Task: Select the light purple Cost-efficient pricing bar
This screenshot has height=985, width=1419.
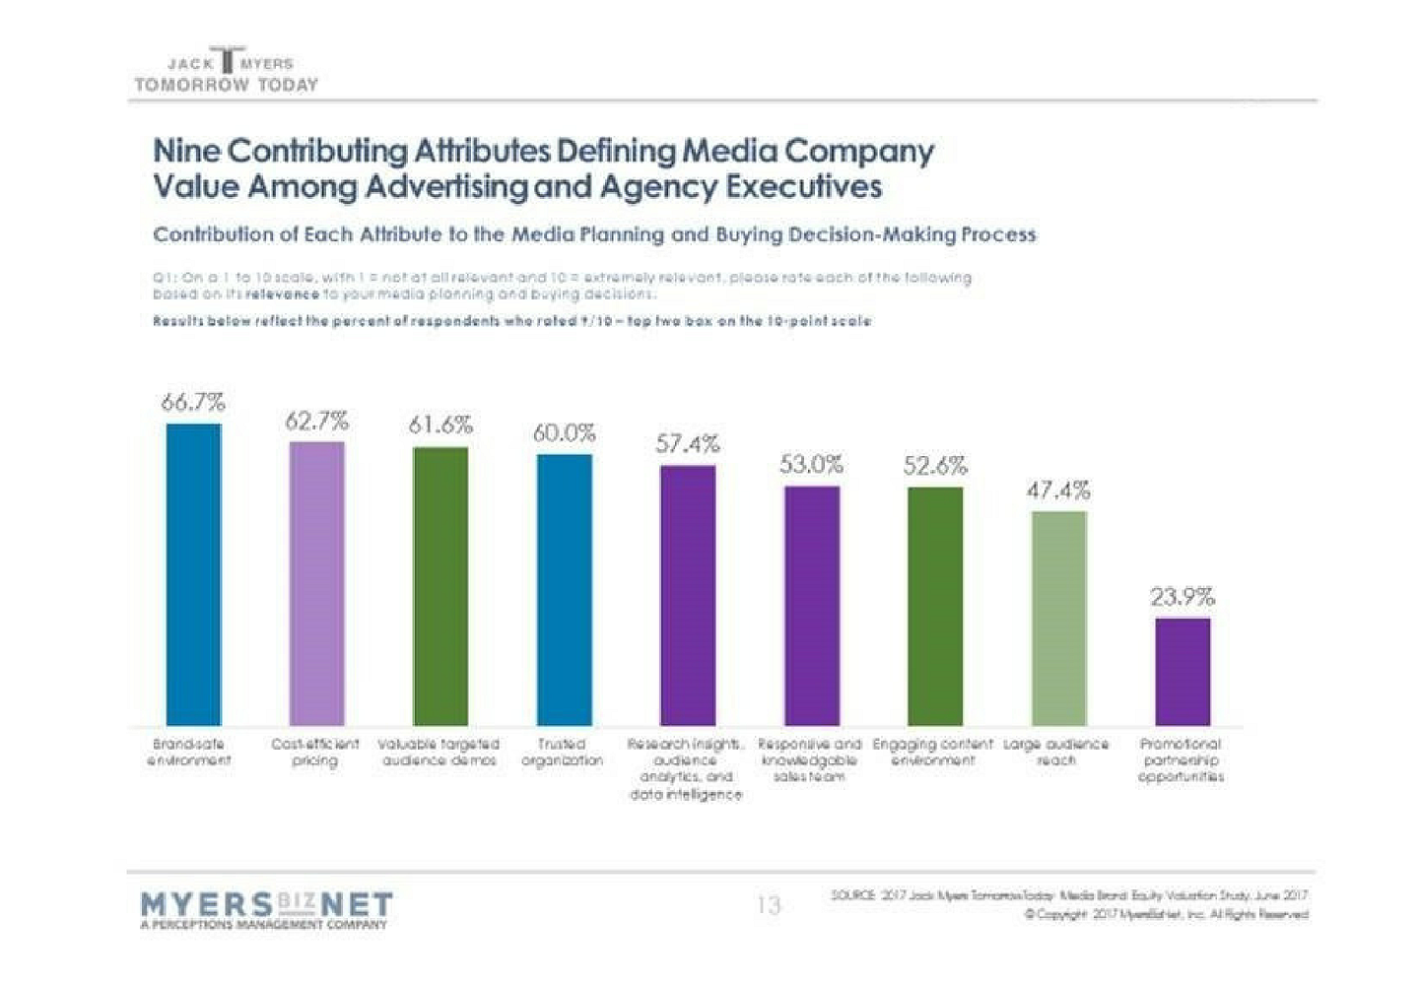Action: click(x=317, y=583)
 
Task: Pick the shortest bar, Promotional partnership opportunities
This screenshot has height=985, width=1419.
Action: click(x=1182, y=672)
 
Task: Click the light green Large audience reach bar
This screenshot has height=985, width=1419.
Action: click(x=1059, y=618)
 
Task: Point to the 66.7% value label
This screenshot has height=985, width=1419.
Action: click(x=193, y=402)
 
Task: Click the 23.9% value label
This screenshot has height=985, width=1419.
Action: click(x=1182, y=597)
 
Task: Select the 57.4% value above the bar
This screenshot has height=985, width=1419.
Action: click(x=688, y=444)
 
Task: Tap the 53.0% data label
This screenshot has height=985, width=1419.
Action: click(x=811, y=464)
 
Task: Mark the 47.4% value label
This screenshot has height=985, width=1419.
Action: click(x=1058, y=490)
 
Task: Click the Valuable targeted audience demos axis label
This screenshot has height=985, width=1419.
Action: click(x=439, y=753)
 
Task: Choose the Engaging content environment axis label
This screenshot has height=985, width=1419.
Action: click(x=933, y=753)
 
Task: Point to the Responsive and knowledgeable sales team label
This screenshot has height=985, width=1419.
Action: click(x=809, y=760)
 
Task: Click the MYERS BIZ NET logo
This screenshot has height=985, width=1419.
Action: click(x=266, y=908)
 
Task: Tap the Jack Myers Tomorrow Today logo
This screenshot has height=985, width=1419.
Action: click(x=228, y=72)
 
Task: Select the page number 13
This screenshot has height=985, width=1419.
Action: click(x=769, y=904)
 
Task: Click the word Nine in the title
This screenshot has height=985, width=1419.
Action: click(x=187, y=152)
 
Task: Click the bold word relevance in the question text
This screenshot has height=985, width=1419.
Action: click(x=283, y=294)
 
